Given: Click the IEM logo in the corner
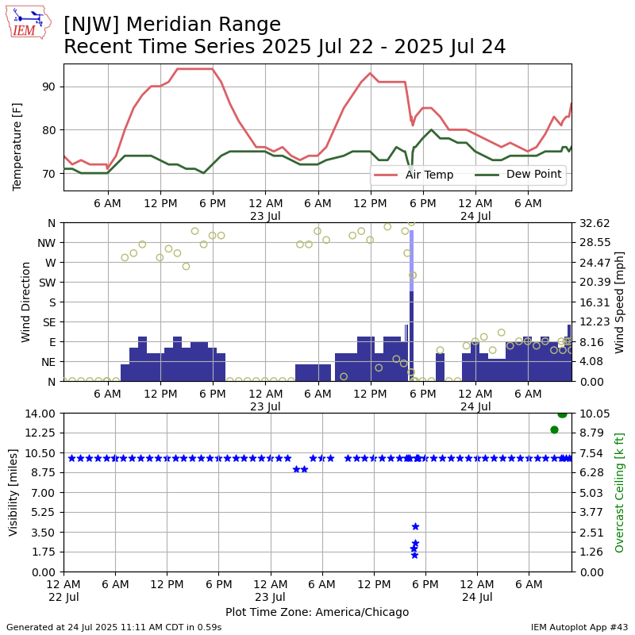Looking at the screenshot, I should (29, 22).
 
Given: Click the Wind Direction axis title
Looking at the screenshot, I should (26, 302).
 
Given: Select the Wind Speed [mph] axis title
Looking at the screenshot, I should (620, 302).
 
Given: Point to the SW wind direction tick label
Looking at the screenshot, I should (48, 282).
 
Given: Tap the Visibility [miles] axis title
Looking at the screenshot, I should (13, 492).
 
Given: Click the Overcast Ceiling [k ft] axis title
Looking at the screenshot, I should (620, 492).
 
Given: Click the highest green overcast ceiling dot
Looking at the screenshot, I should (562, 414).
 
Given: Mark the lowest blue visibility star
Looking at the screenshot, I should (414, 555).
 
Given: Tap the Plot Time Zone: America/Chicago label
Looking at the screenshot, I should (317, 612).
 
